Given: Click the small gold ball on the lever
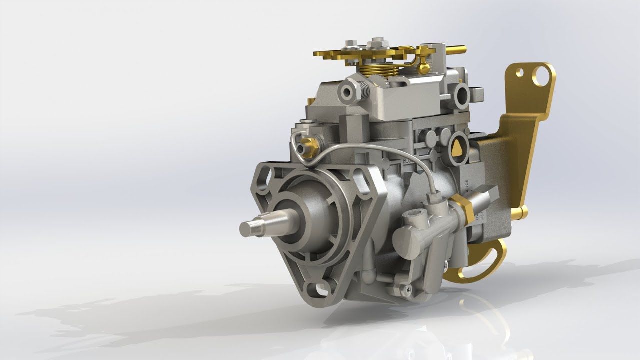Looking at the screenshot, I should pyautogui.click(x=424, y=68).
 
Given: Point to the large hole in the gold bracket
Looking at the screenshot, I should pyautogui.click(x=541, y=75).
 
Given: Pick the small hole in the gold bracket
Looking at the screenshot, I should pyautogui.click(x=520, y=73).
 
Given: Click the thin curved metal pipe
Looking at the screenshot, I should pyautogui.click(x=380, y=150).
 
